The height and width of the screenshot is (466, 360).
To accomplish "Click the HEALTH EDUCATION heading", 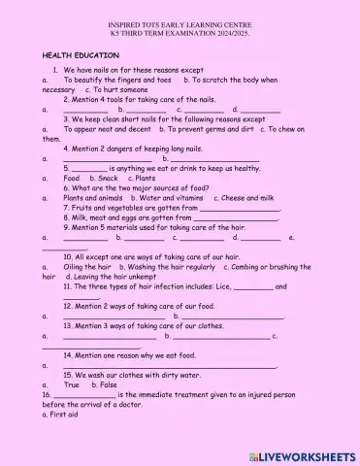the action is [80, 56].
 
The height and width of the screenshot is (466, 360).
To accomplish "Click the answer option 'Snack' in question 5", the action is [108, 179].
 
